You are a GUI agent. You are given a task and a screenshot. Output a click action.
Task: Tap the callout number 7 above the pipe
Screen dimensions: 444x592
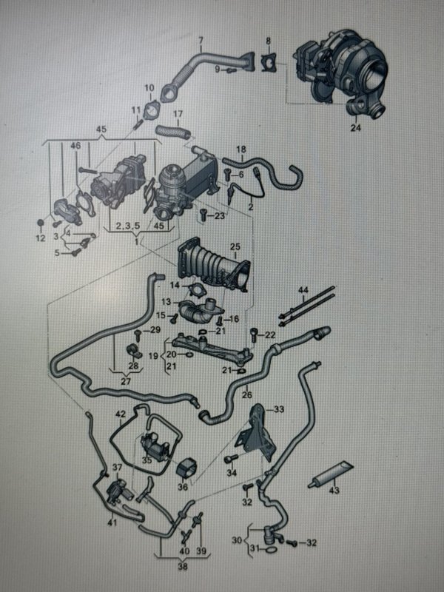201,40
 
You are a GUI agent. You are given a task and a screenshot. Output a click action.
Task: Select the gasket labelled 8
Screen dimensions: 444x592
269,63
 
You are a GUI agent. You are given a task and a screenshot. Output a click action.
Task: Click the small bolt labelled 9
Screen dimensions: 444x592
231,70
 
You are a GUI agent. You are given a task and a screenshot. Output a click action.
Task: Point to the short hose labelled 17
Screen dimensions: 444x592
173,132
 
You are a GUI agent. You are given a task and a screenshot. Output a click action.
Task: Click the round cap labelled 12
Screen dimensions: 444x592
41,223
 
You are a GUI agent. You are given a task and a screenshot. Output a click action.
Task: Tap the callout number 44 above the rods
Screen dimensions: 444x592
303,290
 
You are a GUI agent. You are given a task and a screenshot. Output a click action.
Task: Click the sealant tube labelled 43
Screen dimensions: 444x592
331,474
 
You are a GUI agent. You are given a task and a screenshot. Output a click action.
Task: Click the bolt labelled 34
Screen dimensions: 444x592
231,459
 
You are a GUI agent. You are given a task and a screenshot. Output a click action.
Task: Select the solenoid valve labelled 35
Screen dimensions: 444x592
154,446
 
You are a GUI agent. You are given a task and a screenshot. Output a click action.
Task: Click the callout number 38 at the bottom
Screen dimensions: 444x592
182,566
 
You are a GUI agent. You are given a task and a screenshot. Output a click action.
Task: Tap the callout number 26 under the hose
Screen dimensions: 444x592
247,395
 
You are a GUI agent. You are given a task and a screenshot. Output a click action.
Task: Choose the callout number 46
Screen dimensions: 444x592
75,145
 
